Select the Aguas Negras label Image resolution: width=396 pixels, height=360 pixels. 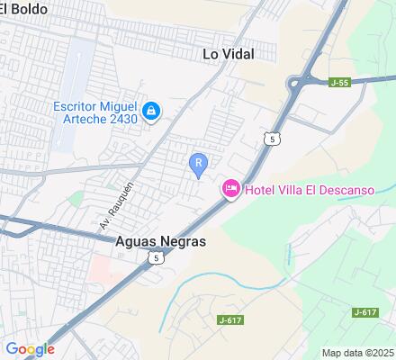161,241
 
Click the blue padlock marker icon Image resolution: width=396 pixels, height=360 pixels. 152,111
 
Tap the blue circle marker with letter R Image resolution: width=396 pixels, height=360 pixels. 198,162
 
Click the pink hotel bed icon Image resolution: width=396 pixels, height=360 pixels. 229,187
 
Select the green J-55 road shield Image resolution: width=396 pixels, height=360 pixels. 338,83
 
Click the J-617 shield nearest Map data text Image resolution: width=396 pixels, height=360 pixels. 364,311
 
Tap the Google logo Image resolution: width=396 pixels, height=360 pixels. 30,349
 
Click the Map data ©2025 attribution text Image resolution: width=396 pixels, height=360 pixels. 358,353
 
